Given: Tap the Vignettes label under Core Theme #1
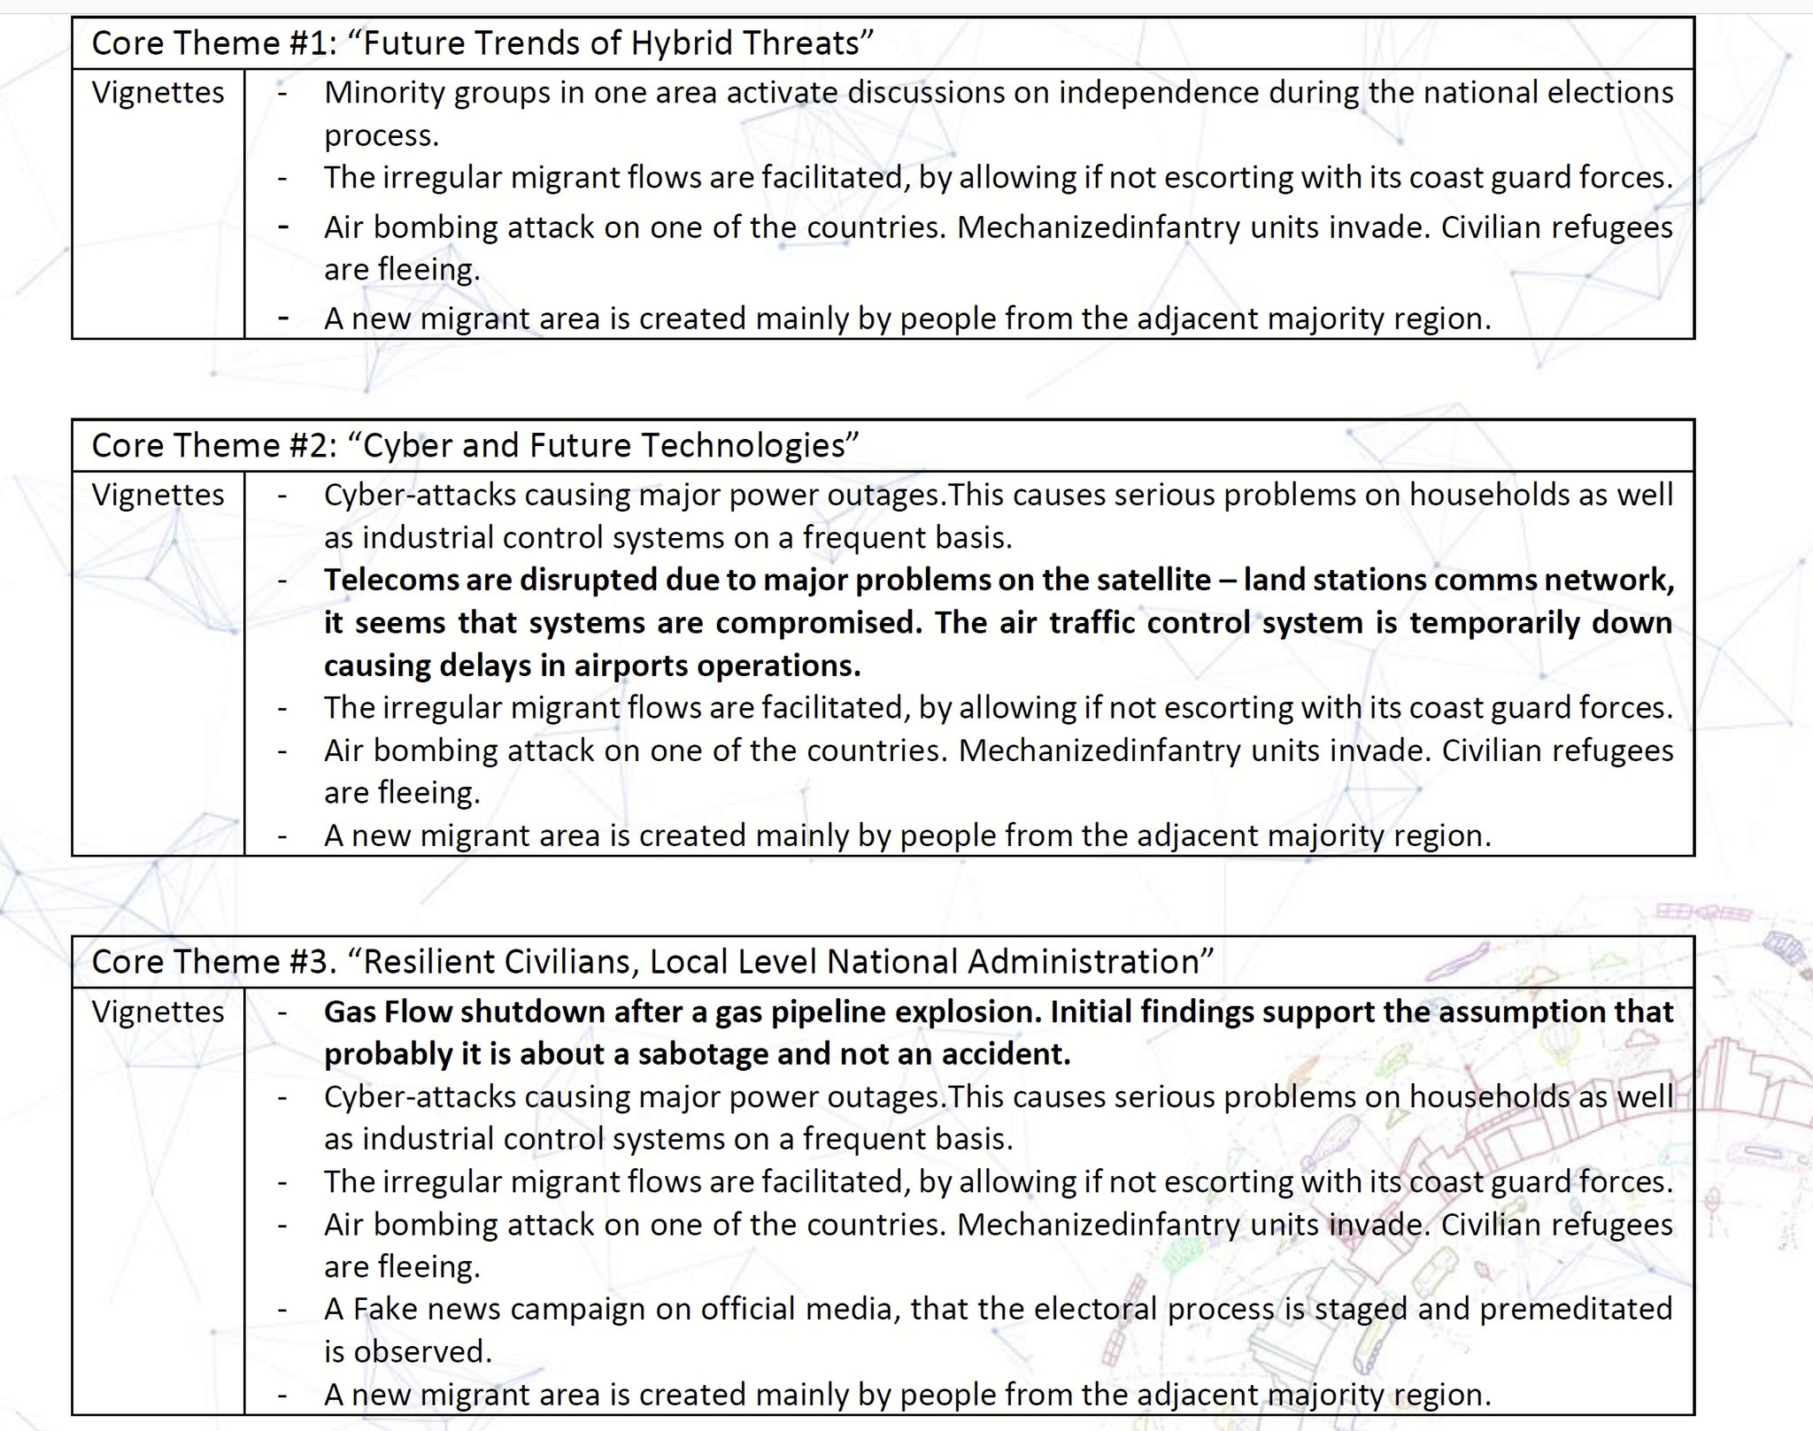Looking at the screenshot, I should click(x=158, y=93).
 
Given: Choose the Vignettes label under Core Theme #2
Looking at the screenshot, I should click(x=158, y=495).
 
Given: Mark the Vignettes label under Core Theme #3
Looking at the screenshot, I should click(x=158, y=1012).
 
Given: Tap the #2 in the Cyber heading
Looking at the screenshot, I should click(x=310, y=445).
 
